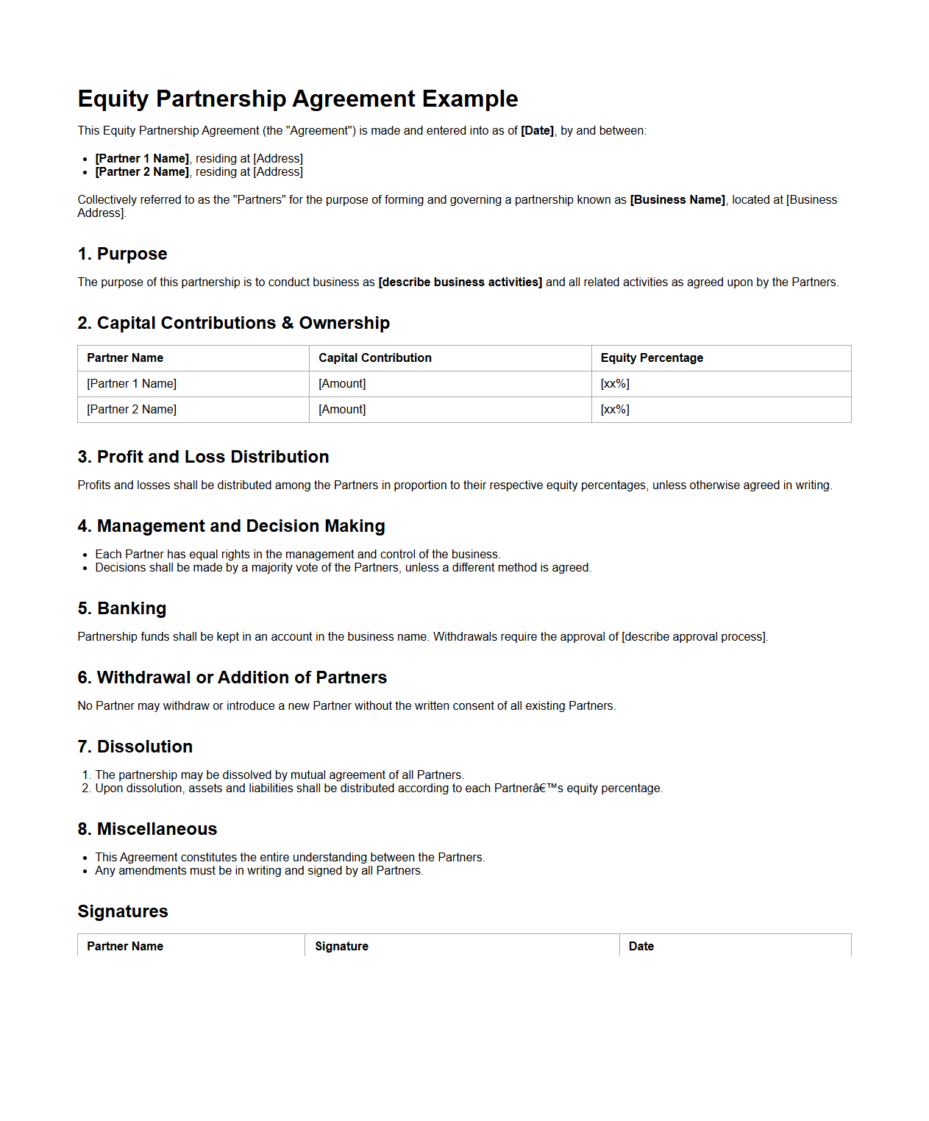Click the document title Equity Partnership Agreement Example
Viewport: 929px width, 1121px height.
pos(298,99)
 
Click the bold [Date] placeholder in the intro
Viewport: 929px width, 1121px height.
pos(537,131)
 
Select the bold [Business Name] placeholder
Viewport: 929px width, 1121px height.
pos(677,200)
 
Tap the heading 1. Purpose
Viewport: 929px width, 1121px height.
pos(123,254)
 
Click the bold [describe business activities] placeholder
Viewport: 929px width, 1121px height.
pos(460,282)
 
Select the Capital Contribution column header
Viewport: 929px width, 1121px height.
pos(375,358)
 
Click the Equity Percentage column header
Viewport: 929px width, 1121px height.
pos(652,358)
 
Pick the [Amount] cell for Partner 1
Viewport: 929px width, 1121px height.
pos(342,384)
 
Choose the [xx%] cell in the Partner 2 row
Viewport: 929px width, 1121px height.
pos(615,410)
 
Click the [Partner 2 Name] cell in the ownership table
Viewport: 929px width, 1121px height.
pos(132,410)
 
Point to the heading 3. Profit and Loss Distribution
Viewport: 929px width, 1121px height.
pos(203,457)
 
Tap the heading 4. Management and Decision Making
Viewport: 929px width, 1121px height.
pos(231,526)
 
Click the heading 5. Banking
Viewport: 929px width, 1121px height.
pos(122,608)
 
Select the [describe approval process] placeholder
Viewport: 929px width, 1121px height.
pos(694,637)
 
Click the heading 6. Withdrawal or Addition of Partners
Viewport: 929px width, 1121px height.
pos(232,677)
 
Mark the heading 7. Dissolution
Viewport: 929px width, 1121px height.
pos(135,747)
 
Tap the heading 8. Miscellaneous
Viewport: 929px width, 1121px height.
pos(147,829)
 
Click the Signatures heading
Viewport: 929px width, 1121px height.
pos(123,911)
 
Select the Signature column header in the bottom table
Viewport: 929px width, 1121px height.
pos(341,947)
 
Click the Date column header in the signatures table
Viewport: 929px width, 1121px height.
pos(641,947)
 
